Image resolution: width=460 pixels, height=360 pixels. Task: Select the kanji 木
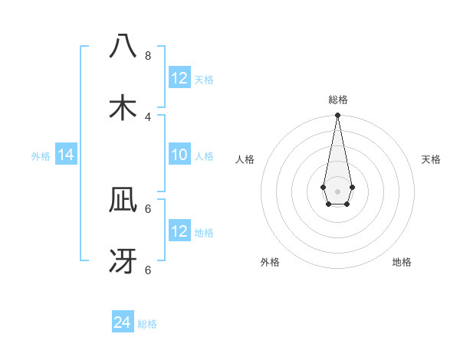[123, 107]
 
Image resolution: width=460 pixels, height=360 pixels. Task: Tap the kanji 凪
[123, 201]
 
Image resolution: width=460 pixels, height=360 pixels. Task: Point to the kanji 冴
[123, 261]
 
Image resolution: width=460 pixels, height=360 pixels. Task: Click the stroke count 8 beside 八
[148, 55]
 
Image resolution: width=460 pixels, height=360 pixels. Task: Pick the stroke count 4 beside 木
[148, 116]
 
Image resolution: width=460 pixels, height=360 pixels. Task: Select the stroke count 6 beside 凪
[148, 208]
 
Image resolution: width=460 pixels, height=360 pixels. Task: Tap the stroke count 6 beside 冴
[148, 270]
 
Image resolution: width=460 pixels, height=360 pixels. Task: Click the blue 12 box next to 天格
[179, 78]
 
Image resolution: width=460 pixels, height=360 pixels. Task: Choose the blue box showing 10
[179, 155]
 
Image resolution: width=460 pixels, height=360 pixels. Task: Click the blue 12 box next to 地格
[179, 231]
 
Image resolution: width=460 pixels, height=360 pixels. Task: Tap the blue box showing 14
[66, 155]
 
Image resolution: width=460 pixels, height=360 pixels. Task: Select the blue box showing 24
[123, 322]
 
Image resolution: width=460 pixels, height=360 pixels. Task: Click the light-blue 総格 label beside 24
[147, 324]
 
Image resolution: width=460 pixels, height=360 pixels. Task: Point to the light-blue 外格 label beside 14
[41, 156]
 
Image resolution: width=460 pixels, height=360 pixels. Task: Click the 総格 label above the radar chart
[337, 100]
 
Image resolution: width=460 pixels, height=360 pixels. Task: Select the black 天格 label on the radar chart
[431, 159]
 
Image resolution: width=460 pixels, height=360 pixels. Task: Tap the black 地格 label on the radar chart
[402, 262]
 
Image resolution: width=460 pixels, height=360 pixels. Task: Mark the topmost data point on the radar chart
[337, 116]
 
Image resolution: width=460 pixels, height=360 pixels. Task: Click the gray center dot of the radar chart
[337, 190]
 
